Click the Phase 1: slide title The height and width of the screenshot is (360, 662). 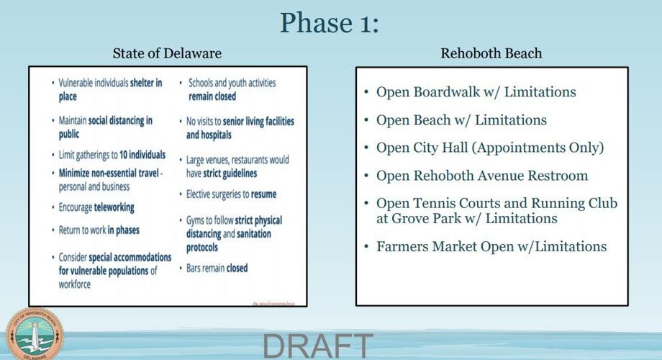[329, 22]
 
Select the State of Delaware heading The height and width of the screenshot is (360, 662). [167, 53]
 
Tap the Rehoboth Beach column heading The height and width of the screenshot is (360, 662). [491, 53]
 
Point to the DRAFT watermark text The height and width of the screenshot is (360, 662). [318, 346]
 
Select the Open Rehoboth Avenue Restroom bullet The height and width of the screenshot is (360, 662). [481, 176]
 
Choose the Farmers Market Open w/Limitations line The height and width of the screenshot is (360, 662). [491, 246]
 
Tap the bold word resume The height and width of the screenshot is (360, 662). [263, 194]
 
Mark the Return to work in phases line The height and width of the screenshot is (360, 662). [99, 230]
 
